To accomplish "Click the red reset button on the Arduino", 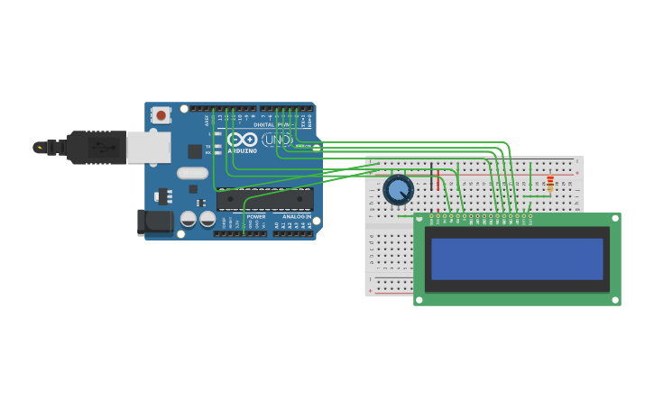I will (161, 114).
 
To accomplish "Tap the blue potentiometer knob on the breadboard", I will (398, 190).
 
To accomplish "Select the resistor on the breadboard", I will (550, 185).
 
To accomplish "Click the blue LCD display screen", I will (517, 258).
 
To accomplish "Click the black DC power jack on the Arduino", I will (154, 222).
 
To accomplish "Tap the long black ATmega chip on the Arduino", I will (264, 200).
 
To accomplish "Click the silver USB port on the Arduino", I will (148, 147).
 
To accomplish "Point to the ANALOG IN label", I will (297, 216).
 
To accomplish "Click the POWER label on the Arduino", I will (256, 216).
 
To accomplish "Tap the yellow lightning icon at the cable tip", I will (39, 147).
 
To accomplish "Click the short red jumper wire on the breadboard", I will (439, 181).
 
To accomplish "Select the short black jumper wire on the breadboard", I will (431, 178).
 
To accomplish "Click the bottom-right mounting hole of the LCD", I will (614, 299).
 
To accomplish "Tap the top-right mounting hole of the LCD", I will (614, 220).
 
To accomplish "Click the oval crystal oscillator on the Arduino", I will (192, 173).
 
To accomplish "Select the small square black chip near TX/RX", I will (195, 151).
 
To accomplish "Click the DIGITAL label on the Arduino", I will (264, 124).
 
